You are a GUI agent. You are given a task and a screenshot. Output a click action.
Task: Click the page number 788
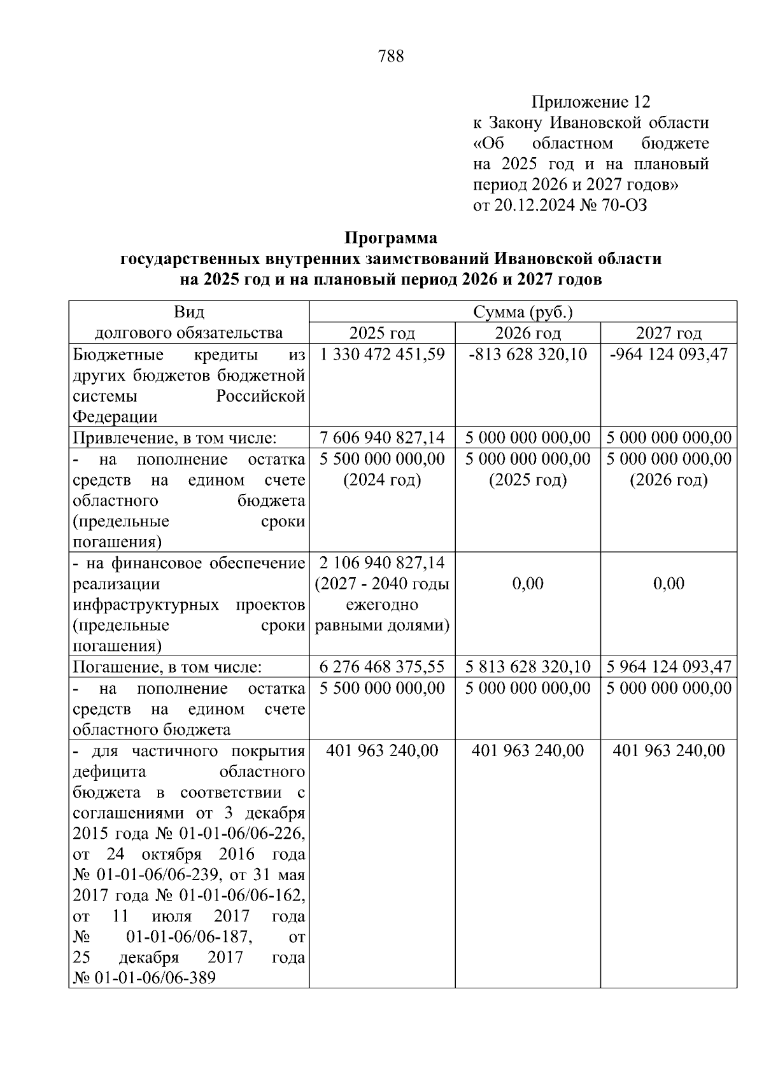[x=391, y=57]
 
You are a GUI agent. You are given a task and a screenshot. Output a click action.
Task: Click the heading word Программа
[x=391, y=238]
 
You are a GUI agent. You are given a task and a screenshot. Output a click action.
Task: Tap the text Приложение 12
[x=591, y=102]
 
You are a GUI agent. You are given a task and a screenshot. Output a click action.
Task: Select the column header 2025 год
[x=382, y=333]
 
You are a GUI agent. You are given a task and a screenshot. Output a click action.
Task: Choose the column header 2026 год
[x=528, y=333]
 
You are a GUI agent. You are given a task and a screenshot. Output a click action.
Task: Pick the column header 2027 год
[x=668, y=333]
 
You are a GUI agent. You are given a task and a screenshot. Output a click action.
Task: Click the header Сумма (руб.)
[x=523, y=312]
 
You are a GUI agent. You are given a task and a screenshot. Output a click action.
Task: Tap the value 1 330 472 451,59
[x=382, y=354]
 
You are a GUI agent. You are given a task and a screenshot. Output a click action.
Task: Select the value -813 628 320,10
[x=528, y=354]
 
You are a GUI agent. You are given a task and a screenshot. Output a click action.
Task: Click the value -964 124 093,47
[x=668, y=354]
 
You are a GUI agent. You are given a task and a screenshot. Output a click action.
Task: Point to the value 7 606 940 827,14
[x=382, y=438]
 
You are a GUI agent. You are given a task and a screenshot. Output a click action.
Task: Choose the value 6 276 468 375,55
[x=382, y=667]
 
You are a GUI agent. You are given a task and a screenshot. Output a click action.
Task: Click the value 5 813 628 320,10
[x=528, y=667]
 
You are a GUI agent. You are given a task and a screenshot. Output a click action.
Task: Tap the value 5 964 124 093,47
[x=668, y=667]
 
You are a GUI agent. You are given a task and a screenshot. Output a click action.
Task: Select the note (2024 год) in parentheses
[x=382, y=480]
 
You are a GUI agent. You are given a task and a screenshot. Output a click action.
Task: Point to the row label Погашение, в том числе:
[x=167, y=667]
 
